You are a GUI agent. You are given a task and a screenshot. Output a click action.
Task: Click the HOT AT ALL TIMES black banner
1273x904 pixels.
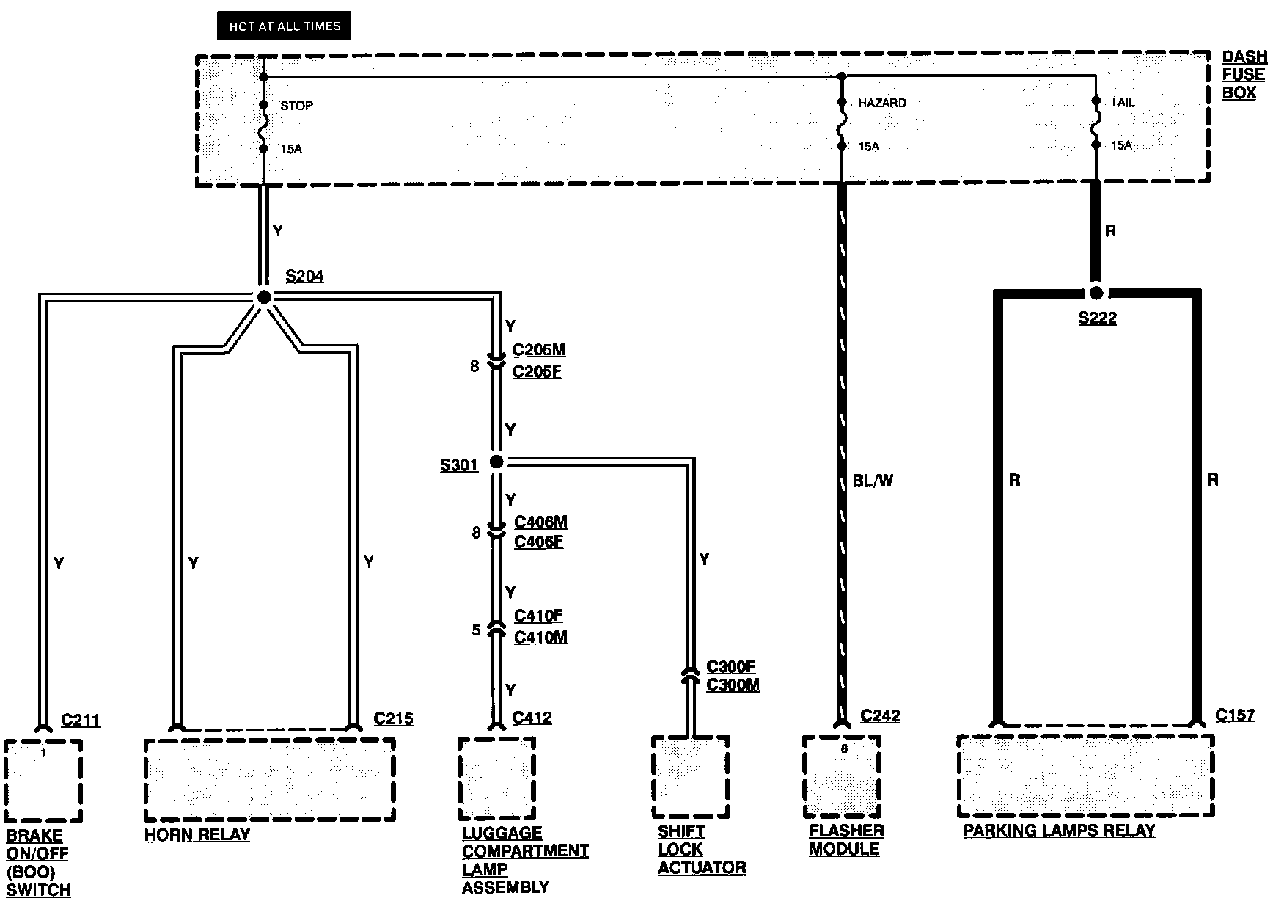tap(285, 26)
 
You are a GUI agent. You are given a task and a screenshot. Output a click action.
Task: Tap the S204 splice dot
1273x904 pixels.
tap(263, 296)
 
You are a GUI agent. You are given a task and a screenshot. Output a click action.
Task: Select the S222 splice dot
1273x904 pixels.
tap(1096, 294)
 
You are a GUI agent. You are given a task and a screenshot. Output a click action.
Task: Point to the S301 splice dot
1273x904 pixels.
tap(496, 462)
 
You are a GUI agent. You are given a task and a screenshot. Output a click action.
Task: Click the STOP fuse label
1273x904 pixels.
tap(296, 106)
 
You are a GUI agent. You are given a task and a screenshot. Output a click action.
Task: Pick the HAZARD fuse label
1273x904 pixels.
tap(881, 103)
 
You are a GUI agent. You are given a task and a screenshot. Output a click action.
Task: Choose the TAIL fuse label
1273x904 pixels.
tap(1122, 103)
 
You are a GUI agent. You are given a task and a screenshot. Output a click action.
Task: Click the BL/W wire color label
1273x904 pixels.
tap(873, 481)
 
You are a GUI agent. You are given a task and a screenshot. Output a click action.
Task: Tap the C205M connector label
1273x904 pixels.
tap(539, 349)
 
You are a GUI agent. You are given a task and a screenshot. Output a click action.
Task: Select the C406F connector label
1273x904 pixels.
tap(538, 543)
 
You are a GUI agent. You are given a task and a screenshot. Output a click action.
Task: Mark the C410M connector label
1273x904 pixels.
tap(540, 637)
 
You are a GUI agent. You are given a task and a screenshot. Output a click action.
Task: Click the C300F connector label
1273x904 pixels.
tap(730, 666)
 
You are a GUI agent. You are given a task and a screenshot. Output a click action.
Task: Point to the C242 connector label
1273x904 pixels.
tap(880, 715)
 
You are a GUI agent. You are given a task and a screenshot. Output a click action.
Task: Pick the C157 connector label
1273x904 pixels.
tap(1235, 715)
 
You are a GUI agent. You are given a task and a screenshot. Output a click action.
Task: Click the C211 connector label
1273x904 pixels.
tap(80, 720)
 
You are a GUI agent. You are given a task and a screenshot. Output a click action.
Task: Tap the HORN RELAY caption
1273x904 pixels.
tap(197, 835)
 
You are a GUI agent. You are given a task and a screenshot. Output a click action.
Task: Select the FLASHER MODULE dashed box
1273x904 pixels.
tap(842, 776)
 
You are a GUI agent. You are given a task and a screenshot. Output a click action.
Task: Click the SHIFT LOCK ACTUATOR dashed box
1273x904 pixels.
tap(690, 777)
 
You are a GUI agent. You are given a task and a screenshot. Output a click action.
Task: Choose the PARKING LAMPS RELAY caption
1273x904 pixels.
tap(1059, 831)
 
